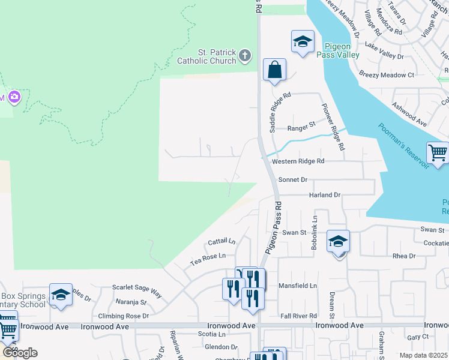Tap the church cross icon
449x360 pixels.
[x=244, y=56]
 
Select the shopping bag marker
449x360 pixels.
[x=274, y=70]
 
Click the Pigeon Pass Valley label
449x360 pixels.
[x=342, y=50]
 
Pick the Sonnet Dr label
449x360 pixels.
[x=293, y=179]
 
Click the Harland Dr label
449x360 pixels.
[x=325, y=195]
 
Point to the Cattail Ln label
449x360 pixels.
[x=221, y=242]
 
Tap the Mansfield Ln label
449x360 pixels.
[x=298, y=286]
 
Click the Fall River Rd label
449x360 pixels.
[x=298, y=316]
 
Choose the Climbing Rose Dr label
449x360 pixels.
[x=124, y=316]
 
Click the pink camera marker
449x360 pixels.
[x=13, y=97]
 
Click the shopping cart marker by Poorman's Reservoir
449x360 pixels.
[x=438, y=152]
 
